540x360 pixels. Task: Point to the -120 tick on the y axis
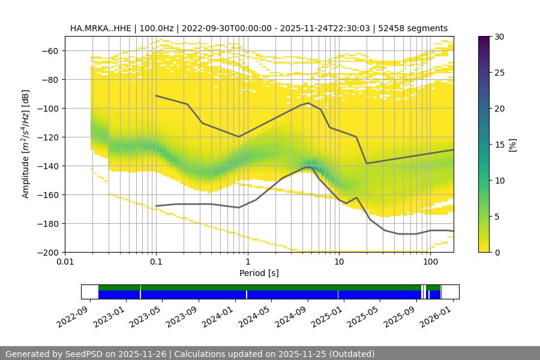pos(48,137)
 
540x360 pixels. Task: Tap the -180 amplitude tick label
pos(48,223)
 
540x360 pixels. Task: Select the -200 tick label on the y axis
pos(48,252)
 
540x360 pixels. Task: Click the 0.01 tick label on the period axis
pos(65,262)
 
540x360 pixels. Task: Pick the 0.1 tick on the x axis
pos(156,262)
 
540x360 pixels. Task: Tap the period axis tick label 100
pos(430,262)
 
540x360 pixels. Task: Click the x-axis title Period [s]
pos(259,273)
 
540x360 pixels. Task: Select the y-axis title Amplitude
pos(25,144)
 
